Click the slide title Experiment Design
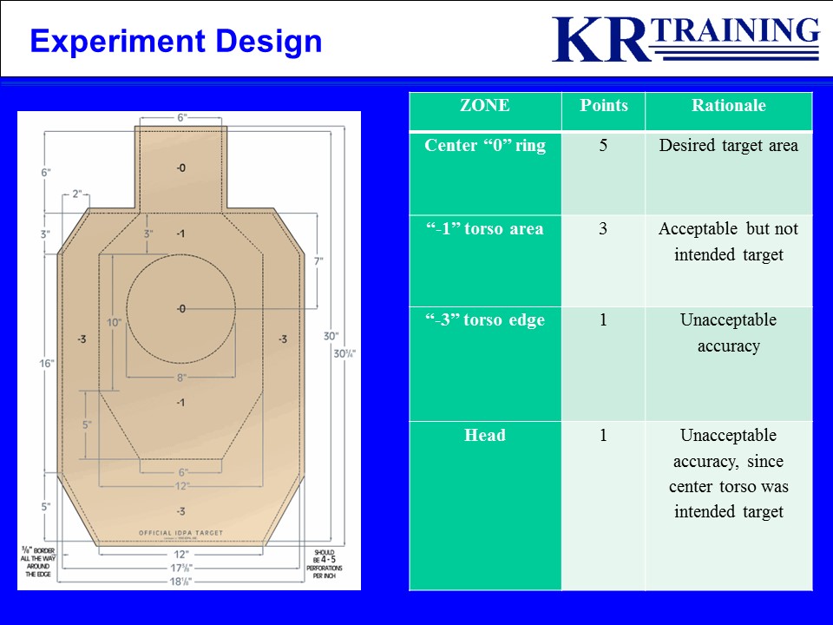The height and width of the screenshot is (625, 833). point(175,41)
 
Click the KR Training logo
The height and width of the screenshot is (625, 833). point(685,39)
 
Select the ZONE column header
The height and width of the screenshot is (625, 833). point(484,106)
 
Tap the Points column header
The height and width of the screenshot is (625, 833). point(603,106)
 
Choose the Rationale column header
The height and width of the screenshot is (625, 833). point(728,106)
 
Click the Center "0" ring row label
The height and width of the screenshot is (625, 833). point(484,146)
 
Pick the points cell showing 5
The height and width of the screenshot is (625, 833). point(603,146)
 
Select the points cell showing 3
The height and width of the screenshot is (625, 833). point(603,229)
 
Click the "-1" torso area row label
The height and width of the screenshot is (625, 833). point(484,229)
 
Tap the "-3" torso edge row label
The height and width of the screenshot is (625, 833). point(484,320)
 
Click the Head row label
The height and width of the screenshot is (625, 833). point(484,436)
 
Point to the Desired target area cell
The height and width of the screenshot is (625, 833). point(728,146)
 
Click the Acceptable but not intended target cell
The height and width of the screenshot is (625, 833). point(728,242)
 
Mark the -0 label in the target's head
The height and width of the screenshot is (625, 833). point(180,168)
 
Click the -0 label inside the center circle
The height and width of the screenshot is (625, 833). point(180,309)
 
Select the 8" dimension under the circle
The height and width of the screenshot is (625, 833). point(180,378)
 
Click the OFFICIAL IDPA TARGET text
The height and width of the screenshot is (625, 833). point(180,532)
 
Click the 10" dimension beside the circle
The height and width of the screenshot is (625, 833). point(113,322)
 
